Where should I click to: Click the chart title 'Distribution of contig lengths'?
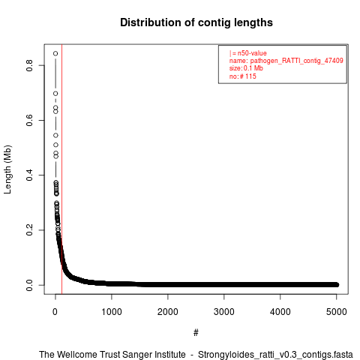(x=196, y=22)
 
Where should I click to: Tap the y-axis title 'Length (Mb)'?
(x=7, y=169)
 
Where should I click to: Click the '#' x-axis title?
(x=196, y=332)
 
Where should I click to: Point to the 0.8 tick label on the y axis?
(x=29, y=65)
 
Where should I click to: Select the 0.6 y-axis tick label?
(x=29, y=120)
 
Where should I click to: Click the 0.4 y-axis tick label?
(x=29, y=175)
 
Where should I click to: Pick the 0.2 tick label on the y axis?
(x=29, y=230)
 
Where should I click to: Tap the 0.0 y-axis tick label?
(x=29, y=285)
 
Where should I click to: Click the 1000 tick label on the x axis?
(x=112, y=312)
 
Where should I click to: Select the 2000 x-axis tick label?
(x=168, y=312)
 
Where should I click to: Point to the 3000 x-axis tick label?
(x=224, y=312)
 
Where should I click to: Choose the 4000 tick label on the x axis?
(x=280, y=312)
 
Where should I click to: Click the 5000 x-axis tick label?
(x=337, y=312)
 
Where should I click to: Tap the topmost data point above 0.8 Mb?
(x=55, y=53)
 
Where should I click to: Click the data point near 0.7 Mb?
(x=55, y=94)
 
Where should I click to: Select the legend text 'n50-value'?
(x=252, y=53)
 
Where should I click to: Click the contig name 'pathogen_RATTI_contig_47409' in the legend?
(x=297, y=61)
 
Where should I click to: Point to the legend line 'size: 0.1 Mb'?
(x=246, y=68)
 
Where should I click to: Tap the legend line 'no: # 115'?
(x=243, y=76)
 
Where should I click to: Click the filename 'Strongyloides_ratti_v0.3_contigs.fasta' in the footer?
(x=275, y=355)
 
